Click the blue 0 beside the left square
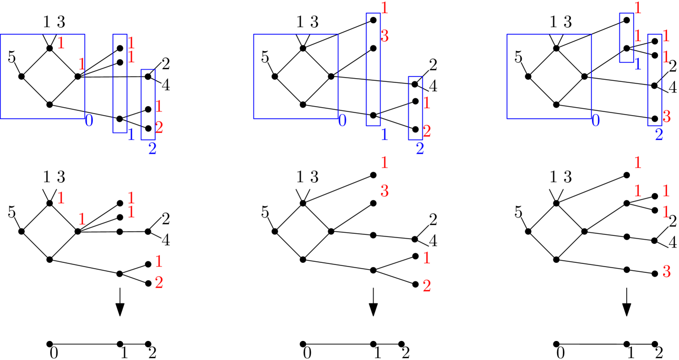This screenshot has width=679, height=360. (89, 121)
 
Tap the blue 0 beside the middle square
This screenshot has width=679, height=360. (342, 121)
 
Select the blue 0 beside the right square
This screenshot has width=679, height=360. (596, 121)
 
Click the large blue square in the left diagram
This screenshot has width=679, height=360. (42, 77)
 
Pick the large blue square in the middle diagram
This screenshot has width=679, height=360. (295, 77)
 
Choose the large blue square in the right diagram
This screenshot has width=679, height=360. (549, 77)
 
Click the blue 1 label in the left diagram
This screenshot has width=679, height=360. (131, 135)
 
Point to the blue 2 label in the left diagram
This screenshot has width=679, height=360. (152, 149)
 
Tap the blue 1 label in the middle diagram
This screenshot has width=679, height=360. (385, 135)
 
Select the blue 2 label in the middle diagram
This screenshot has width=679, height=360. (420, 149)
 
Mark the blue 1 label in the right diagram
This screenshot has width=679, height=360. (638, 64)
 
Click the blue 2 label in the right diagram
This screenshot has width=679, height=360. (659, 135)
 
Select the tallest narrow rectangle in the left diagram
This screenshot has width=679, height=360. (120, 83)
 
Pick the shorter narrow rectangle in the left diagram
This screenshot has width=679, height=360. (148, 105)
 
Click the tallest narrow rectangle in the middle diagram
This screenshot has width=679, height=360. (373, 70)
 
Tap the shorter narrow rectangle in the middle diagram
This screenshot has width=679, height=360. (415, 108)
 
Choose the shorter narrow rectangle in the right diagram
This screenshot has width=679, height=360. (626, 38)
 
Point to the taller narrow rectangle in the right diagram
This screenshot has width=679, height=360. (655, 80)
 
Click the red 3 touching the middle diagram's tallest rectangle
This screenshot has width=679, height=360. (385, 36)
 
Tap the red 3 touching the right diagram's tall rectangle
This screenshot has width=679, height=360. (666, 117)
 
